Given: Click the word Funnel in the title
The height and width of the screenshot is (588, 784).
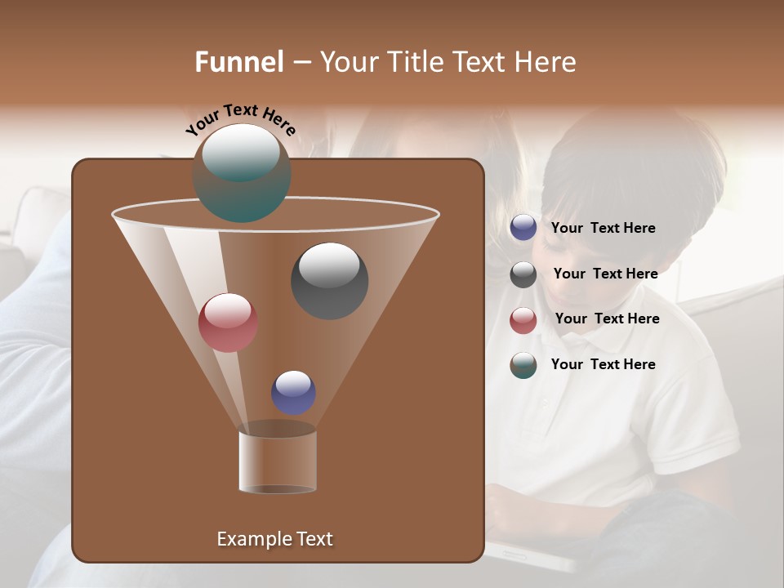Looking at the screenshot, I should pos(238,62).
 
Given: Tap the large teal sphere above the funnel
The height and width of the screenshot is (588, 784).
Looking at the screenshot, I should pos(242,172).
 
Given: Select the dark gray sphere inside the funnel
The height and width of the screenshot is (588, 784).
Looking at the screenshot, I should pos(329,280).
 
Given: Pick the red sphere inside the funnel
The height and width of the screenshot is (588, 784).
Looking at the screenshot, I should pos(228,322).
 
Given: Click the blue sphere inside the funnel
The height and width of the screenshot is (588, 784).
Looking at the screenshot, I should pos(293,392).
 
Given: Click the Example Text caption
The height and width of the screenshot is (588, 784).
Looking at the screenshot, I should pos(274,539).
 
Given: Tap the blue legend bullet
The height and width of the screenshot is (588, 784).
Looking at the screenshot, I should pos(523,228).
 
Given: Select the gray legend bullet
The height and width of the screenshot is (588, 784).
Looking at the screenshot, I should pos(523,274).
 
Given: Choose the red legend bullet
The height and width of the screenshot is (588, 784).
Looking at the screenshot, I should pos(523,320).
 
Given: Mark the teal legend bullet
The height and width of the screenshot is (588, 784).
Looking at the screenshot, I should pos(523,365).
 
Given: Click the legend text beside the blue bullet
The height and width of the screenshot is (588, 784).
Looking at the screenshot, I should pos(603,228).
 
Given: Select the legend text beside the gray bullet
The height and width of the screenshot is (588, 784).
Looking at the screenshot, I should pos(605,274).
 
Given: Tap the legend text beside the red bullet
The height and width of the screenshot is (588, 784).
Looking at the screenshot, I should pos(607,318).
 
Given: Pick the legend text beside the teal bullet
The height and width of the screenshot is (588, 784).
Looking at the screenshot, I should pos(603,364).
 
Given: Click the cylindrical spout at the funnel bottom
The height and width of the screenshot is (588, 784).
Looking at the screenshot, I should pos(277,461).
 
